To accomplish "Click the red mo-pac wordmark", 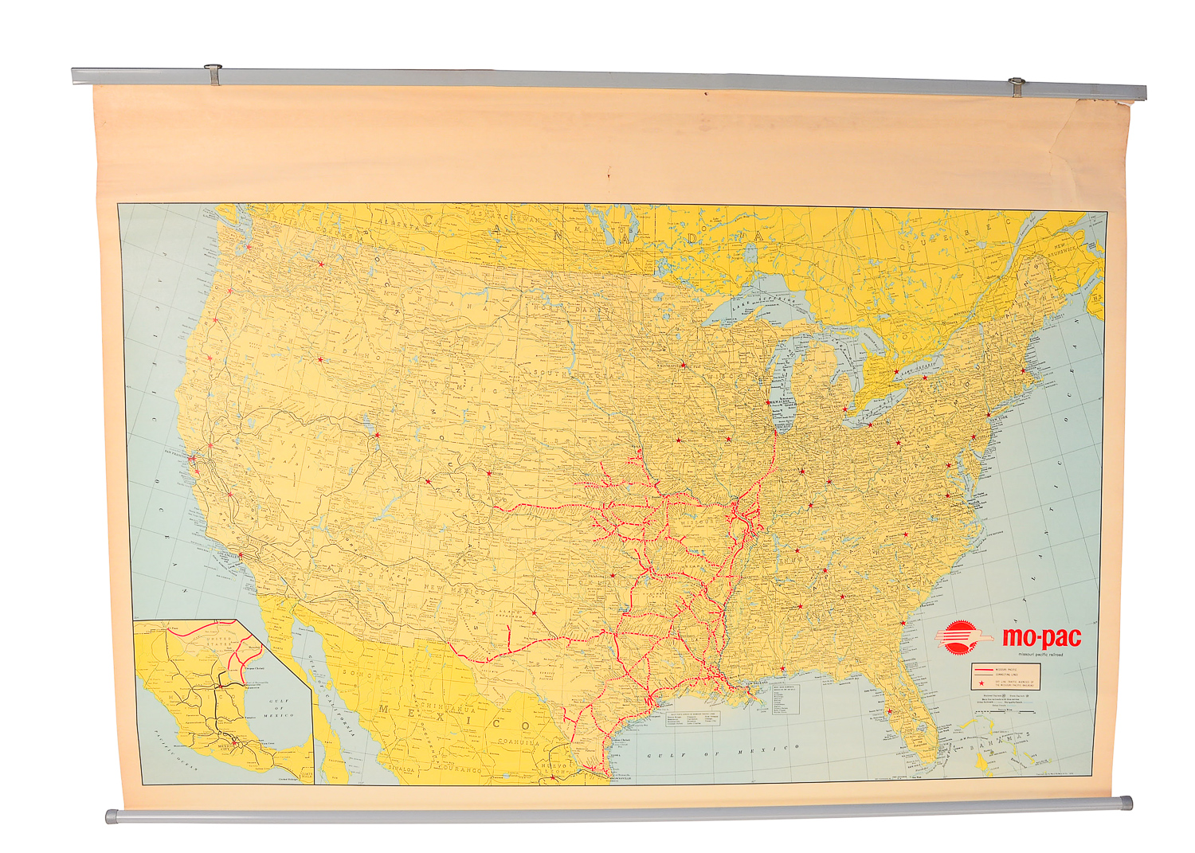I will point(1041,638).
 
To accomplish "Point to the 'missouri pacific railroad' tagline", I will point(1035,655).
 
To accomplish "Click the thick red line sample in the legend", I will point(983,671).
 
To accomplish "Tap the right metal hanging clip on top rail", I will point(1017,85).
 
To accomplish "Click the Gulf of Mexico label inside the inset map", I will point(278,707).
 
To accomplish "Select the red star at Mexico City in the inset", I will point(233,744).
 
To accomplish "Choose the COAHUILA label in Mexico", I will point(519,742).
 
